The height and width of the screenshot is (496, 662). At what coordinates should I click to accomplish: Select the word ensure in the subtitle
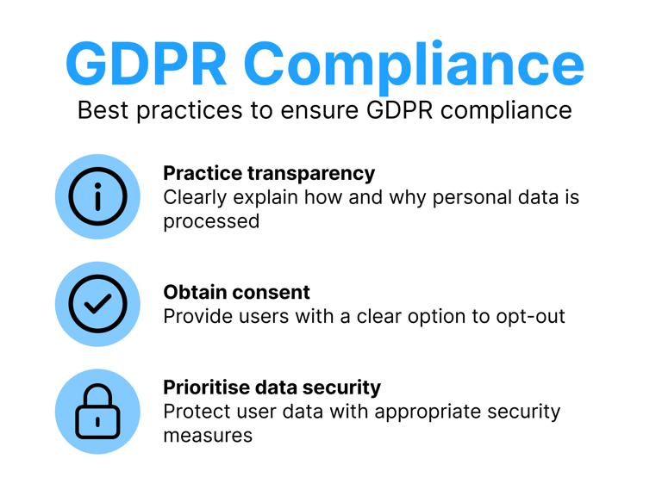(326, 110)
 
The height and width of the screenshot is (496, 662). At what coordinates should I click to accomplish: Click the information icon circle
(97, 197)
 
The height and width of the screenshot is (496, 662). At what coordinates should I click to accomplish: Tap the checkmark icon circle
(97, 304)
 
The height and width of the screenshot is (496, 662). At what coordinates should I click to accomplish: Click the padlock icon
(97, 412)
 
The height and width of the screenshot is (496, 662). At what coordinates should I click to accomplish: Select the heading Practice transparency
(269, 173)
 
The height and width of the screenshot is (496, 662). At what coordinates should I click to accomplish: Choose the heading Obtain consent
(236, 292)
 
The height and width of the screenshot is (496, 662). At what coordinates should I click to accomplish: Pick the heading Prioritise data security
(272, 387)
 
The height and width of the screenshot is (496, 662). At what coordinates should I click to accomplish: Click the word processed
(211, 221)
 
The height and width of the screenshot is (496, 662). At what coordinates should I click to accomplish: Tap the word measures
(208, 435)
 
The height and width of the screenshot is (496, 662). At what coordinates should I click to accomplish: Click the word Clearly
(196, 197)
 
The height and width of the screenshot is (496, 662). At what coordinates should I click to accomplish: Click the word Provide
(197, 316)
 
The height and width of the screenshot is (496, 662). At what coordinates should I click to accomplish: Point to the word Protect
(196, 412)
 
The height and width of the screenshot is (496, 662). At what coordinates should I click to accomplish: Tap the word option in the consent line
(428, 316)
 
